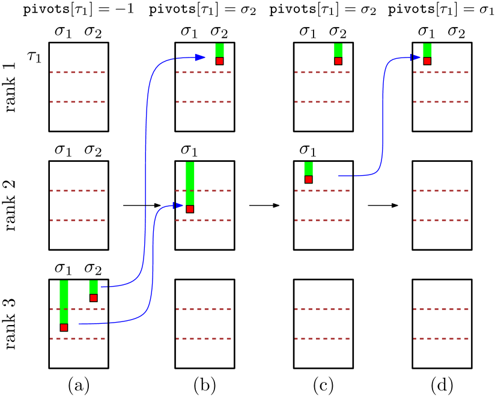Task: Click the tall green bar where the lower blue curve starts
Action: point(64,301)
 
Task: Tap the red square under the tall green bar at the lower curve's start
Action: point(64,327)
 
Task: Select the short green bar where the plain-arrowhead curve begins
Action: point(93,287)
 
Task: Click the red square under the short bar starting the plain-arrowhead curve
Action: point(93,298)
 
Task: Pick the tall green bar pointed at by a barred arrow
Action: point(190,183)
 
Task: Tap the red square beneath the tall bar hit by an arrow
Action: point(190,209)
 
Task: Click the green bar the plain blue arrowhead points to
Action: point(219,50)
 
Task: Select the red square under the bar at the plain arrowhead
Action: point(219,61)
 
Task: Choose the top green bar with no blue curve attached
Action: point(338,50)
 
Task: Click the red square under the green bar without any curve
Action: point(338,61)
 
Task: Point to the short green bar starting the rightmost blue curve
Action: point(308,169)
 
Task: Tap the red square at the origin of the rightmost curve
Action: point(308,179)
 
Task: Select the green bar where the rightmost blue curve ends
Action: point(427,50)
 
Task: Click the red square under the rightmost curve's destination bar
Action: point(427,61)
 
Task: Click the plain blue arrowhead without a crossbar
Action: point(200,58)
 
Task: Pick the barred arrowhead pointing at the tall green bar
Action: point(178,206)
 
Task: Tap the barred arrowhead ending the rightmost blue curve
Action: point(416,58)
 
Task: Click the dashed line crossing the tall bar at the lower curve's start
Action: point(77,309)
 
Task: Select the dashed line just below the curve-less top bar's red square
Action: point(322,73)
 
